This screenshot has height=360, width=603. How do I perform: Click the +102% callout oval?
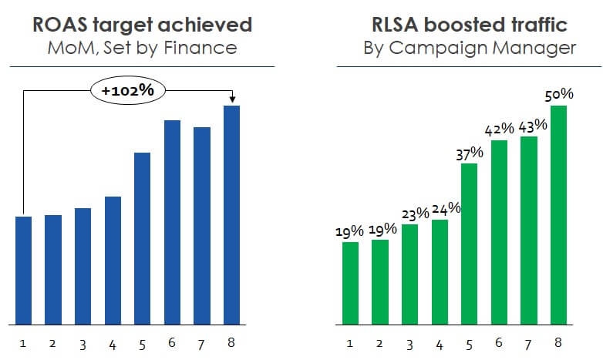(x=127, y=90)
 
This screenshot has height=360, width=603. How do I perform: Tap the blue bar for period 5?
(x=142, y=238)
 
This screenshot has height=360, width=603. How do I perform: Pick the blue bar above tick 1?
(x=23, y=270)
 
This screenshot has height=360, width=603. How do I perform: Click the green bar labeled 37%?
(x=470, y=244)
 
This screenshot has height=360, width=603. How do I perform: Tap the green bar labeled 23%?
(x=409, y=274)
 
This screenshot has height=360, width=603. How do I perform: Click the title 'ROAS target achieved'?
(x=143, y=25)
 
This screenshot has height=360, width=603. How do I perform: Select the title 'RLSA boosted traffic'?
(x=470, y=25)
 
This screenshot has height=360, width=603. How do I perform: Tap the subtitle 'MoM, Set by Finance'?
(x=143, y=48)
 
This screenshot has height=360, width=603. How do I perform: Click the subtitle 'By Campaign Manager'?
(x=470, y=48)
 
